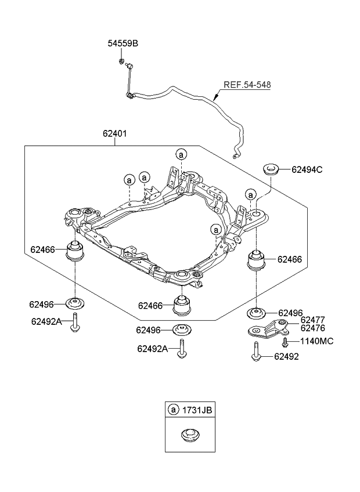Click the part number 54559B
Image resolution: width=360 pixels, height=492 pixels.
point(123,44)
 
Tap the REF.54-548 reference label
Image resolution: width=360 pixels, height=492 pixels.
point(247,85)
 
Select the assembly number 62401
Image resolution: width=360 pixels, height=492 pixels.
point(115,133)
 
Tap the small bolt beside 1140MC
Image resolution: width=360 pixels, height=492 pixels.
point(285,343)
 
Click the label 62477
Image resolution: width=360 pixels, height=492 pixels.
point(312,320)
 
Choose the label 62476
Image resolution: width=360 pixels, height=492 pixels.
point(312,328)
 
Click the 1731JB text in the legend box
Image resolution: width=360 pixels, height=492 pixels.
point(198,410)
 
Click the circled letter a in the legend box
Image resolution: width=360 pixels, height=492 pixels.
point(173,410)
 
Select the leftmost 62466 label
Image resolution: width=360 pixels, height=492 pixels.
point(42,250)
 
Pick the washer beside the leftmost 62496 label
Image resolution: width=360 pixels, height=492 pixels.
point(75,303)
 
